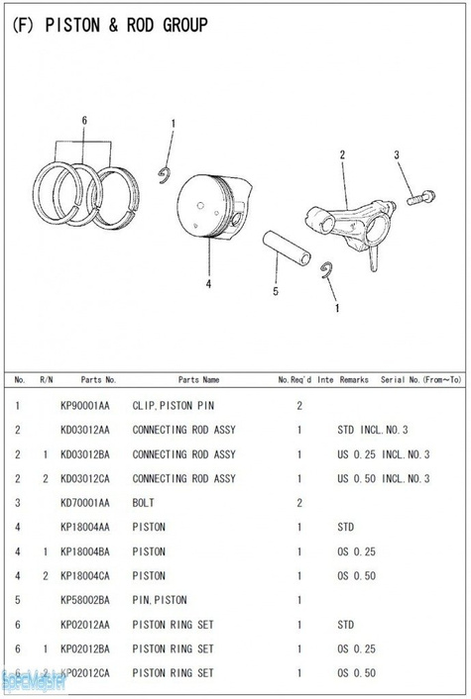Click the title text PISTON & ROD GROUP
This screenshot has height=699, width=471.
pos(126,25)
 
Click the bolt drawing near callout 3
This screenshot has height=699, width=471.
pos(420,197)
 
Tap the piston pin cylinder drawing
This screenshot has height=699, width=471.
pos(287,248)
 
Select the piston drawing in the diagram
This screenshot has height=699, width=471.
pos(214,206)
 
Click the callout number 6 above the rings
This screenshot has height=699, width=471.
pos(84,121)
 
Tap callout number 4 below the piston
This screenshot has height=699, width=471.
pos(208,284)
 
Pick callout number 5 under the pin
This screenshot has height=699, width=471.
pos(276,291)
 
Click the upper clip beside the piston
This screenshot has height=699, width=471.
pos(166,175)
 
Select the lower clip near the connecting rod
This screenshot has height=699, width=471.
pos(327,270)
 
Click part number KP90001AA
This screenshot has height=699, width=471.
pos(85,406)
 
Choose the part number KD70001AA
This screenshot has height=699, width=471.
pos(85,503)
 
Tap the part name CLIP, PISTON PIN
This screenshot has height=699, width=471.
pos(174,406)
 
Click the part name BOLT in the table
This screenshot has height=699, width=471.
pos(144,503)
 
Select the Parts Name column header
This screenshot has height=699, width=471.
pos(198,380)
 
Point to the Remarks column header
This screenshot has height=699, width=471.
pos(354,380)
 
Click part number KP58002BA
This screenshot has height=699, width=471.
pos(85,600)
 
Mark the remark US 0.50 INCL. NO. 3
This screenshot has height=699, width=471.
pos(384,479)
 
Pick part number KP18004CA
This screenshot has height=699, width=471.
pos(85,576)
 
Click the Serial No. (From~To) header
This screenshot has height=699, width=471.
pos(420,380)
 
